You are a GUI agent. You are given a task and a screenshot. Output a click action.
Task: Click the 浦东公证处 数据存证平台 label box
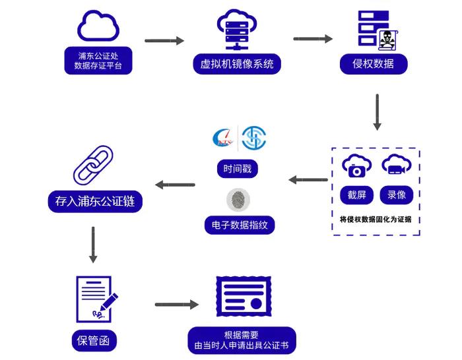tap(98, 60)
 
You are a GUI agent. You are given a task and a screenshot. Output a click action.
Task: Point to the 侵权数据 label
tap(374, 63)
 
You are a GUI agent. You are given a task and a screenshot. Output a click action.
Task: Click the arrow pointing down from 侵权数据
tap(377, 111)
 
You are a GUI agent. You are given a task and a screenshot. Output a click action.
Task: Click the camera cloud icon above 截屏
tap(356, 166)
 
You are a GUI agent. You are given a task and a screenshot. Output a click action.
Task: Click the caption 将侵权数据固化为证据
tap(376, 219)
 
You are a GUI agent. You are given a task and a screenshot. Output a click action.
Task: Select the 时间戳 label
tap(237, 168)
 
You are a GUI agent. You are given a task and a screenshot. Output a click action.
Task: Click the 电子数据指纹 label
tap(238, 225)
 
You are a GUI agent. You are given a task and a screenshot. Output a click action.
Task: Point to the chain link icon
tap(92, 165)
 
